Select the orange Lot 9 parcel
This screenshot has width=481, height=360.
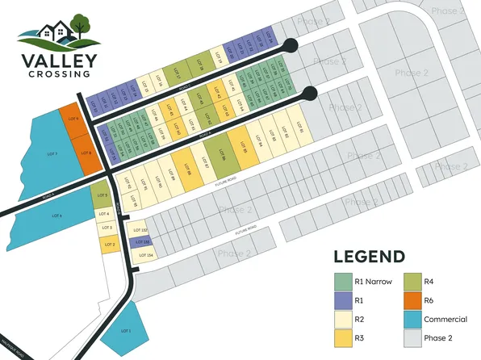point(73,119)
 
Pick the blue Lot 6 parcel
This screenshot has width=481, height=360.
point(56,216)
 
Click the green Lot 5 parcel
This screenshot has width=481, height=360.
point(99,195)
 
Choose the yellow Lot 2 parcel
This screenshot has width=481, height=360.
point(108,244)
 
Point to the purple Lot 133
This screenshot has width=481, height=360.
point(141,242)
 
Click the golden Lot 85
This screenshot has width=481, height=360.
point(241,146)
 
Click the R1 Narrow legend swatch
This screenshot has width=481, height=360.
point(342,281)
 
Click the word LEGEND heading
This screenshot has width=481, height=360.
point(370,257)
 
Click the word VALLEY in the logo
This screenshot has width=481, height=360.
point(58,61)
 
